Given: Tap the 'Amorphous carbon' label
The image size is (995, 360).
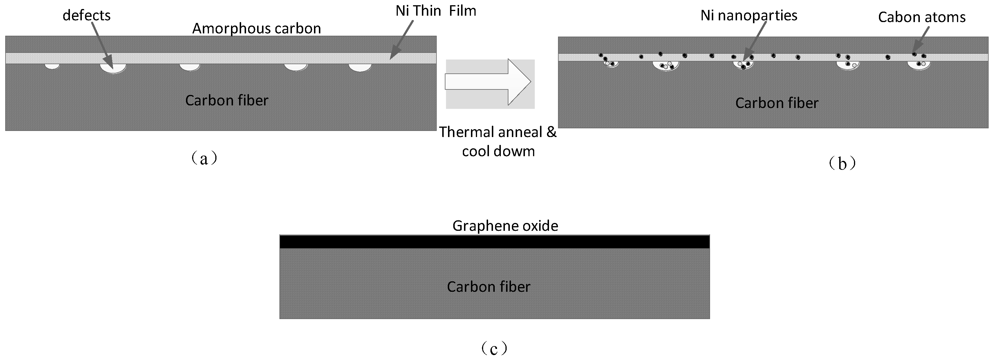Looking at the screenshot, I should [x=257, y=28].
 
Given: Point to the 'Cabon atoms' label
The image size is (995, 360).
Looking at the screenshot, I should [x=922, y=17].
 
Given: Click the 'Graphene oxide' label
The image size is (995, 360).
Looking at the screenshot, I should [x=505, y=226].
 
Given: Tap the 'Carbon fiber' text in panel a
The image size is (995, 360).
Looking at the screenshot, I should [x=227, y=101].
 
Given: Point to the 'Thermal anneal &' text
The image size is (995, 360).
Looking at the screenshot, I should [x=497, y=132].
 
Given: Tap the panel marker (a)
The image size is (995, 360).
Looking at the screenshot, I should [x=204, y=158].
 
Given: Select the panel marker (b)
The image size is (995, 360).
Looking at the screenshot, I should [x=842, y=164].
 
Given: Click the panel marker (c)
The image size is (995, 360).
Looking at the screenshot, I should [x=494, y=349].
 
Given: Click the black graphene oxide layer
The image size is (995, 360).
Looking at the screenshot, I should [x=494, y=242].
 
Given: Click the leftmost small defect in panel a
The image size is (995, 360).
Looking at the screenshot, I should [x=52, y=66].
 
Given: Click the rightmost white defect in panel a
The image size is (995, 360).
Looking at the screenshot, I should [x=360, y=68].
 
